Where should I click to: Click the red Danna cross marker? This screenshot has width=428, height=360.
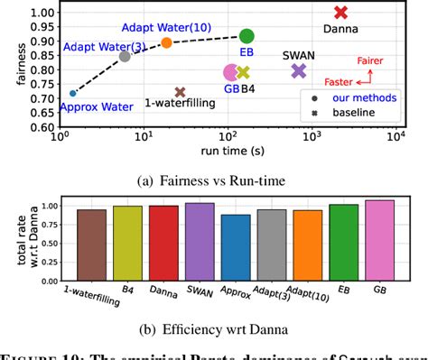click(340, 13)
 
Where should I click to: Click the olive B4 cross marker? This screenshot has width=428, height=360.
click(242, 72)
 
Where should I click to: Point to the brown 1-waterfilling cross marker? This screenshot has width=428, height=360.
click(180, 92)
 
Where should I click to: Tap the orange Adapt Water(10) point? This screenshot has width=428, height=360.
click(166, 42)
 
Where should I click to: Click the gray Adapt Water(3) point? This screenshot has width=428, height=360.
click(125, 56)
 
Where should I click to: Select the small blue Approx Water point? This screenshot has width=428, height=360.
click(73, 93)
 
